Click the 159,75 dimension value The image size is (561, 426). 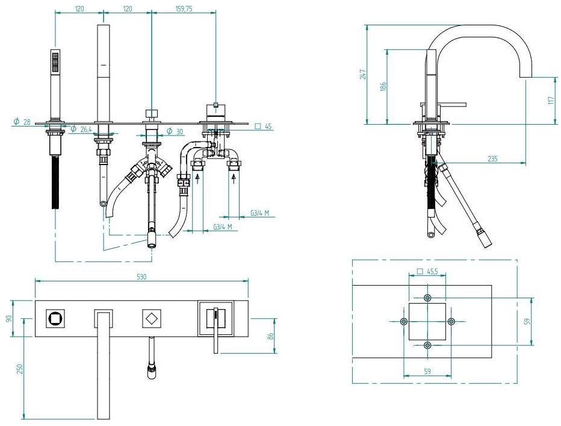[x=184, y=8]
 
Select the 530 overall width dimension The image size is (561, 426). [x=141, y=277]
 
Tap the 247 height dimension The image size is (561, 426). [x=364, y=74]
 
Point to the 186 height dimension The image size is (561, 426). [x=383, y=87]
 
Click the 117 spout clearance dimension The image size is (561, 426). [x=551, y=100]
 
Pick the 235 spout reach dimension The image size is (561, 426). [x=492, y=158]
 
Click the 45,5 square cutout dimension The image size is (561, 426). [x=428, y=272]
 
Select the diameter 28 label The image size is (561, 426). [x=22, y=122]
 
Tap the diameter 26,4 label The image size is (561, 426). [x=81, y=129]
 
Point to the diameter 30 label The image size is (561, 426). [x=175, y=132]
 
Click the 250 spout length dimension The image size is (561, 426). [x=19, y=369]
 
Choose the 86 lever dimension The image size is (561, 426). [x=271, y=336]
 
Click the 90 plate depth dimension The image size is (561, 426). [x=10, y=318]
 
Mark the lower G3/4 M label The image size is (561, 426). [x=223, y=227]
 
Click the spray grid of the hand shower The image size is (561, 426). [x=55, y=61]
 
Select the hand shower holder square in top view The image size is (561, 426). [x=55, y=318]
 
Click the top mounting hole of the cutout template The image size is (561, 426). [x=427, y=298]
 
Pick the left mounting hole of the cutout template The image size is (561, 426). [x=403, y=321]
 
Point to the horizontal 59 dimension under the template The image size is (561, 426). [x=427, y=371]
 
